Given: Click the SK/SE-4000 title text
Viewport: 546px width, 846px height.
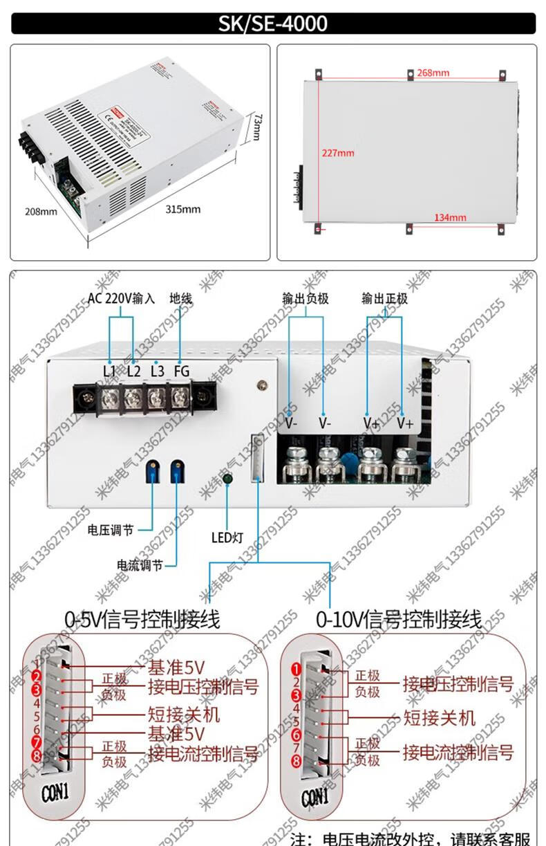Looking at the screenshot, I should click(x=273, y=24).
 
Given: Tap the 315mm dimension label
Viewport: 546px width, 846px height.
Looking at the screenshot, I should click(x=182, y=209).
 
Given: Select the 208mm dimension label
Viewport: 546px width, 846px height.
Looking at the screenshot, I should click(x=41, y=212).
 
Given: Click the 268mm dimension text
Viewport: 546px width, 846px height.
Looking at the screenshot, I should click(x=433, y=73).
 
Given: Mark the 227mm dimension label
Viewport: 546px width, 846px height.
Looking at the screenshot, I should click(x=337, y=152).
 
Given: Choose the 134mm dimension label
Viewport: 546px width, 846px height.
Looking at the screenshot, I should click(x=450, y=218).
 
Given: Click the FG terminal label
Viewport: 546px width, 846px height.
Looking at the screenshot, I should click(x=181, y=371).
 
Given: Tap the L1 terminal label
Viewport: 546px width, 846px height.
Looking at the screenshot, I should click(x=109, y=371).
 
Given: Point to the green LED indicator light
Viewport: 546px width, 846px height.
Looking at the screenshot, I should click(x=227, y=479).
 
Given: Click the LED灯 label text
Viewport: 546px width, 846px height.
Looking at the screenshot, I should click(x=228, y=536).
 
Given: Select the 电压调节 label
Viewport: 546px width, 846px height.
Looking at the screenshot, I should click(x=111, y=531).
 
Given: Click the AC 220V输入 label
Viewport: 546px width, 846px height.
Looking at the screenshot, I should click(x=121, y=299).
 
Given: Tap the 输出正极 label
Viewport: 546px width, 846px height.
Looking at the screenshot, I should click(x=384, y=299).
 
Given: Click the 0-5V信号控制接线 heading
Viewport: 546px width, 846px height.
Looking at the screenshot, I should click(x=142, y=619).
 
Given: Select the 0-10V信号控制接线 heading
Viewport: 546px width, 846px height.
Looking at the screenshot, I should click(x=399, y=619).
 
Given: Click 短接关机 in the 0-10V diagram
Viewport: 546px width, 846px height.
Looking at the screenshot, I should click(x=440, y=717).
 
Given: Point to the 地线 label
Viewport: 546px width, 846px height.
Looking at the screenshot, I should click(x=180, y=299).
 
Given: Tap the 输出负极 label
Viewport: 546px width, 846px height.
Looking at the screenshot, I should click(x=305, y=299).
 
